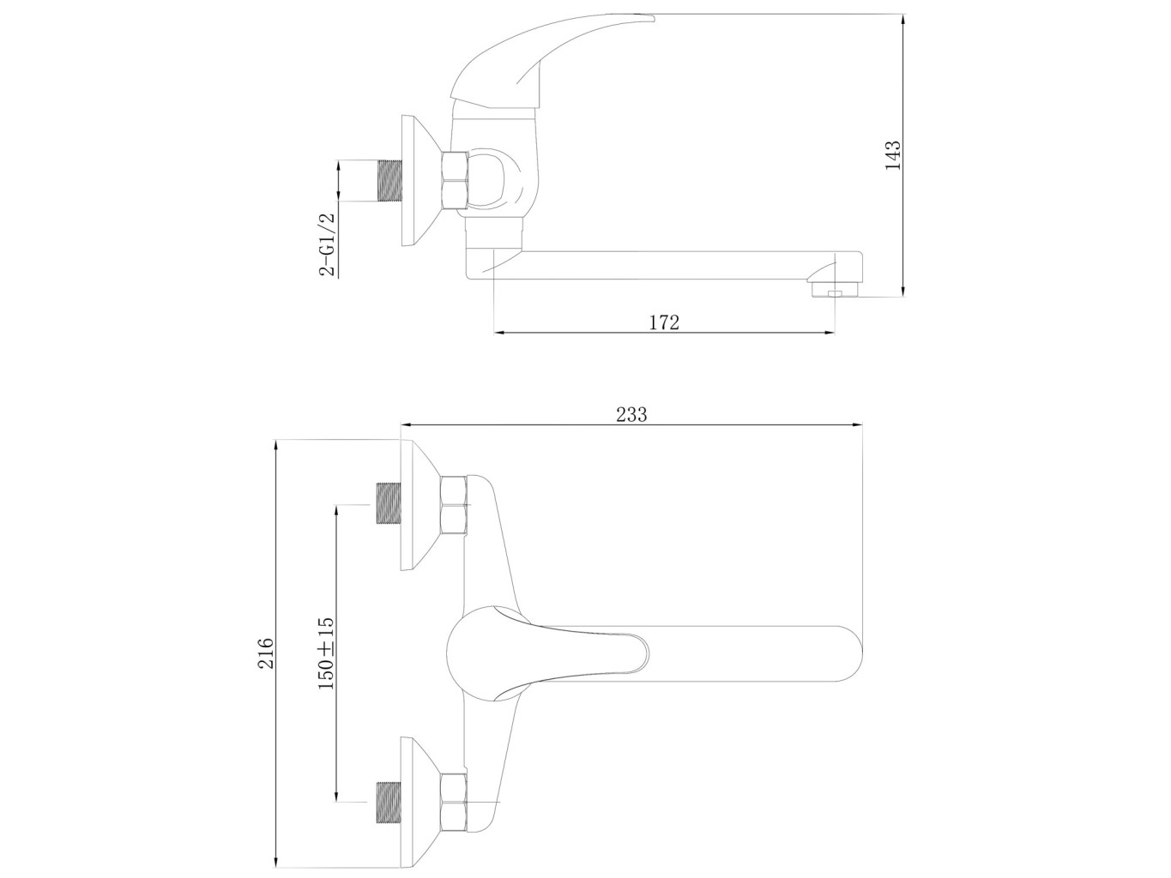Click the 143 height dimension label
(892, 155)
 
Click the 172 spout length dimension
(664, 322)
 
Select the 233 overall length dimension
(631, 414)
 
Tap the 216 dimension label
(265, 652)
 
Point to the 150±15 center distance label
(325, 652)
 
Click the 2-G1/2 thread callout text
(327, 244)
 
